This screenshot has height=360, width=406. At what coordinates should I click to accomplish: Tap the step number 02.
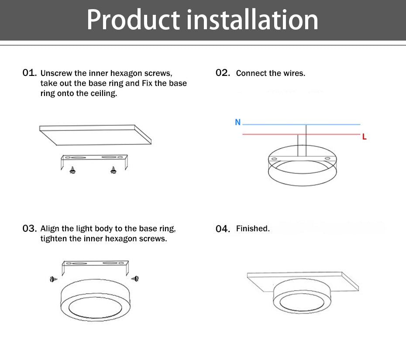tap(222, 72)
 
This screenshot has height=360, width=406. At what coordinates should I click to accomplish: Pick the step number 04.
tap(222, 228)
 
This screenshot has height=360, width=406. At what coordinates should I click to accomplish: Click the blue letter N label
tap(237, 122)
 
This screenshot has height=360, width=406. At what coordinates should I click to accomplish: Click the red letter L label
tap(365, 137)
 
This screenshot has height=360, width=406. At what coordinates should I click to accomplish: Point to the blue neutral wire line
tap(301, 125)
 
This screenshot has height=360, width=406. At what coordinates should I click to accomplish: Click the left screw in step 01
tap(72, 170)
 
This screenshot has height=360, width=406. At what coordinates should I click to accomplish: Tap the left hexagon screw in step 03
tap(53, 279)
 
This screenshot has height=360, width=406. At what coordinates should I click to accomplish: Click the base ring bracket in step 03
tap(95, 264)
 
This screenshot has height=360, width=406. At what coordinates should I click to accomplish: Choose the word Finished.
tap(253, 228)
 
